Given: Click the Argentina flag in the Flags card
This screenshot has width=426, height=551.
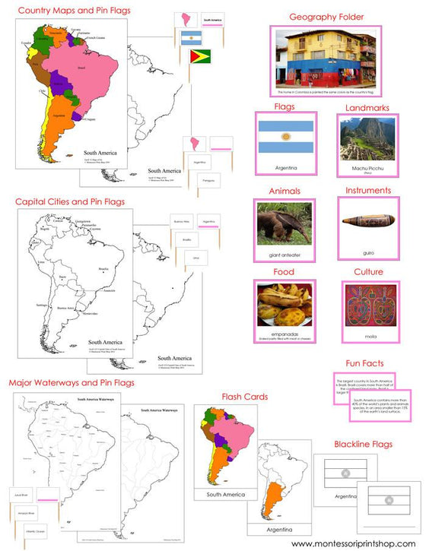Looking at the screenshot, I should [x=285, y=140].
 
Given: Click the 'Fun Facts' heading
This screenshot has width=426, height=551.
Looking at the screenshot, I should [x=367, y=363].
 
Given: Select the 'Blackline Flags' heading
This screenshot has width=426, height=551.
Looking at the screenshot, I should [x=367, y=444].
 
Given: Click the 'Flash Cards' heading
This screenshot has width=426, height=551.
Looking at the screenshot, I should [x=245, y=396].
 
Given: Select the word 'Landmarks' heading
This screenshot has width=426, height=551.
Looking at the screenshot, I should [x=367, y=108].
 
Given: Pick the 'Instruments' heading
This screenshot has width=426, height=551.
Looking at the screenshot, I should [x=367, y=191].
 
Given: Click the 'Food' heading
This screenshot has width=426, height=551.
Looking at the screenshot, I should [x=285, y=271].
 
